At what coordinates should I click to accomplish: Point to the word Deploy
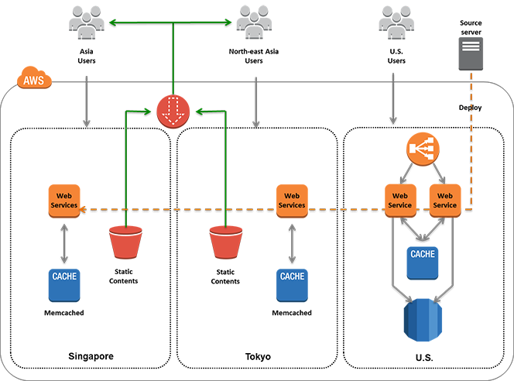(x=471, y=108)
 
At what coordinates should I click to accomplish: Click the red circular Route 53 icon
(x=173, y=111)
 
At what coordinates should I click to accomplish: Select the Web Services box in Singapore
(x=64, y=200)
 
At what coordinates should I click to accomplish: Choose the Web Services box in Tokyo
(x=292, y=200)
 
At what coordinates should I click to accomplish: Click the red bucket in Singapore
(x=126, y=243)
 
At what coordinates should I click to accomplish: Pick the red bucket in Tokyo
(x=226, y=243)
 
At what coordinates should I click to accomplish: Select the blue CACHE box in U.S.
(x=422, y=261)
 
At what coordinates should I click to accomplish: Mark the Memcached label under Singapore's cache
(x=64, y=313)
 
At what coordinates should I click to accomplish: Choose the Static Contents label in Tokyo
(x=226, y=276)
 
